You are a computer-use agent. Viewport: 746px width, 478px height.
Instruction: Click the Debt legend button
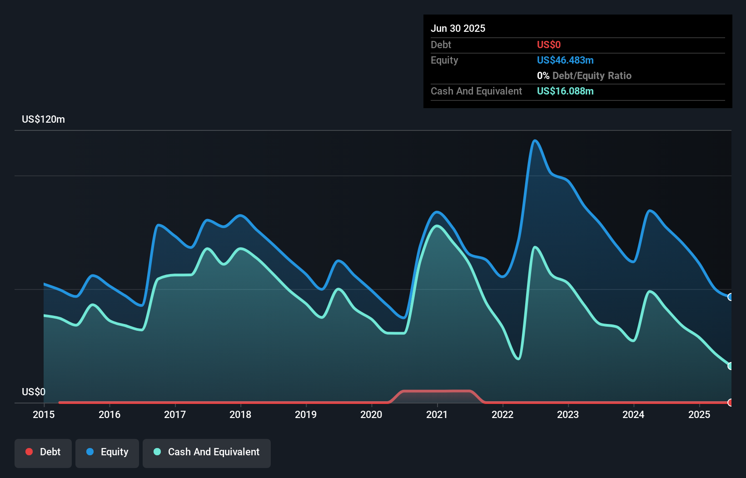[43, 452]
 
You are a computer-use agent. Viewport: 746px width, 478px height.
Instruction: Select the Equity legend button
[107, 452]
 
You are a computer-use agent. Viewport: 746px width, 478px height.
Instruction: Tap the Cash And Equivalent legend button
[207, 452]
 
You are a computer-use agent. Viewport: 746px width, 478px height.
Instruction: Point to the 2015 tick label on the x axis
[44, 414]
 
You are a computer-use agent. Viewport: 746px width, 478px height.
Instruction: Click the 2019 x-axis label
[306, 414]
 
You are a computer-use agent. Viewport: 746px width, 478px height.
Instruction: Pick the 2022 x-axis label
[502, 414]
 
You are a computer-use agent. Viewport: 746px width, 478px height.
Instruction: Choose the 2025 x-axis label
[699, 414]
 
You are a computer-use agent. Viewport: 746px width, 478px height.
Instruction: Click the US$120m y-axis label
[43, 119]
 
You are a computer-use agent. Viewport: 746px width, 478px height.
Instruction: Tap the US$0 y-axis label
[34, 392]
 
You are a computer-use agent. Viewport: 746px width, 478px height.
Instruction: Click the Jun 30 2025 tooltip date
[458, 29]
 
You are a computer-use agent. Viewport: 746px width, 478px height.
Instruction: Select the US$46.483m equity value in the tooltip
[565, 60]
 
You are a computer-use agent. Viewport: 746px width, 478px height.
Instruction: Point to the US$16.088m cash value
[565, 91]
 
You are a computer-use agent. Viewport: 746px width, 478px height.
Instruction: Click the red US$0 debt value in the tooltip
[549, 45]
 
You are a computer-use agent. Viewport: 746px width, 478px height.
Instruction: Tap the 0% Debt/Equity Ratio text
[584, 76]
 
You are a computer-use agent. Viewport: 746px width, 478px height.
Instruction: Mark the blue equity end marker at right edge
[730, 297]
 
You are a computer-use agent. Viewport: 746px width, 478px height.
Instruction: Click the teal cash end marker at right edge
[730, 366]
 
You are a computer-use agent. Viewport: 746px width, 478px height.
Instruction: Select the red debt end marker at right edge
[730, 403]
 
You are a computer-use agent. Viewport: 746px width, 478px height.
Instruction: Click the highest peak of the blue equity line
[535, 140]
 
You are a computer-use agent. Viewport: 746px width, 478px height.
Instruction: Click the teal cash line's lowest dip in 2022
[518, 359]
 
